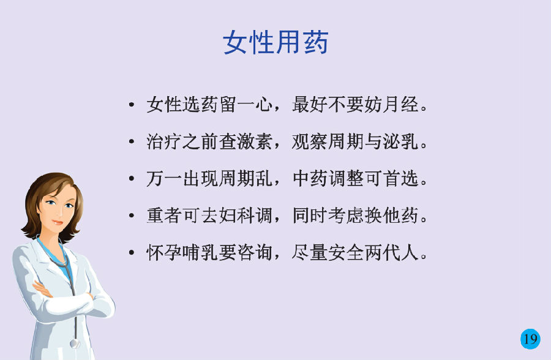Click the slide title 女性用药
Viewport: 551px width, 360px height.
point(275,42)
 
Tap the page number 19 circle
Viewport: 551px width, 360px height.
point(530,339)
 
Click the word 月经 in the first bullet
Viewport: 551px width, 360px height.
point(400,105)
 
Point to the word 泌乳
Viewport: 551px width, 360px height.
point(400,141)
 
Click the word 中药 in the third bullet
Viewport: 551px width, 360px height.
point(310,179)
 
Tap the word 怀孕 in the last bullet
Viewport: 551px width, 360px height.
point(164,253)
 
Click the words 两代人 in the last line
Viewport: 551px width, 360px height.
point(391,253)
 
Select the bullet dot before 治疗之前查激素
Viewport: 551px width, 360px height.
point(132,141)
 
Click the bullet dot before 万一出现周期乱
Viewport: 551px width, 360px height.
point(132,179)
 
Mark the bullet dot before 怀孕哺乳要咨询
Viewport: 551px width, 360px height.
point(132,253)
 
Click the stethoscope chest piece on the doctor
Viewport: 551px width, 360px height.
point(75,343)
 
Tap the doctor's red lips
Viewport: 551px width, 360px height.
point(58,222)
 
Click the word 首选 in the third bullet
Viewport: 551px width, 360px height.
point(400,179)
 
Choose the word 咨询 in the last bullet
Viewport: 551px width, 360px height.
point(255,253)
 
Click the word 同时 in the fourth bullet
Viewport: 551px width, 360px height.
point(310,216)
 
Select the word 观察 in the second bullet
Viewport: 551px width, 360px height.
point(310,141)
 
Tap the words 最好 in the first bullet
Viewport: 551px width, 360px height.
point(310,105)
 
